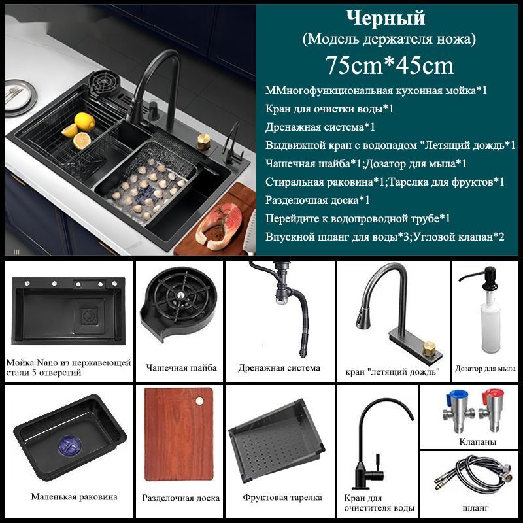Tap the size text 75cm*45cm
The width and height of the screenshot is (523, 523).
390,65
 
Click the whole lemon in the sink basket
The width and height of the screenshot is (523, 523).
85,121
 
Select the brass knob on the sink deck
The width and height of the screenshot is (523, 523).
203,141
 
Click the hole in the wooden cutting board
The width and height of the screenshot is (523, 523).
199,401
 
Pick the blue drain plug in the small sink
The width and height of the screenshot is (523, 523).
70,447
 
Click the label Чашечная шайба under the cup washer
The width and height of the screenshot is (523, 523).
182,368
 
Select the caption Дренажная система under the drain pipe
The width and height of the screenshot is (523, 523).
279,368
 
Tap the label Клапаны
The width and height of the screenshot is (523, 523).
478,442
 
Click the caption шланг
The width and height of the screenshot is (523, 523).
475,508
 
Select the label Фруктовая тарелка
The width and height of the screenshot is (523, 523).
282,498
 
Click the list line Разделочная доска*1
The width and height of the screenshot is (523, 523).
318,201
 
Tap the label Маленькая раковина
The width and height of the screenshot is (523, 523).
75,497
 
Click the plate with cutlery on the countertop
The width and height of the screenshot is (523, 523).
18,95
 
